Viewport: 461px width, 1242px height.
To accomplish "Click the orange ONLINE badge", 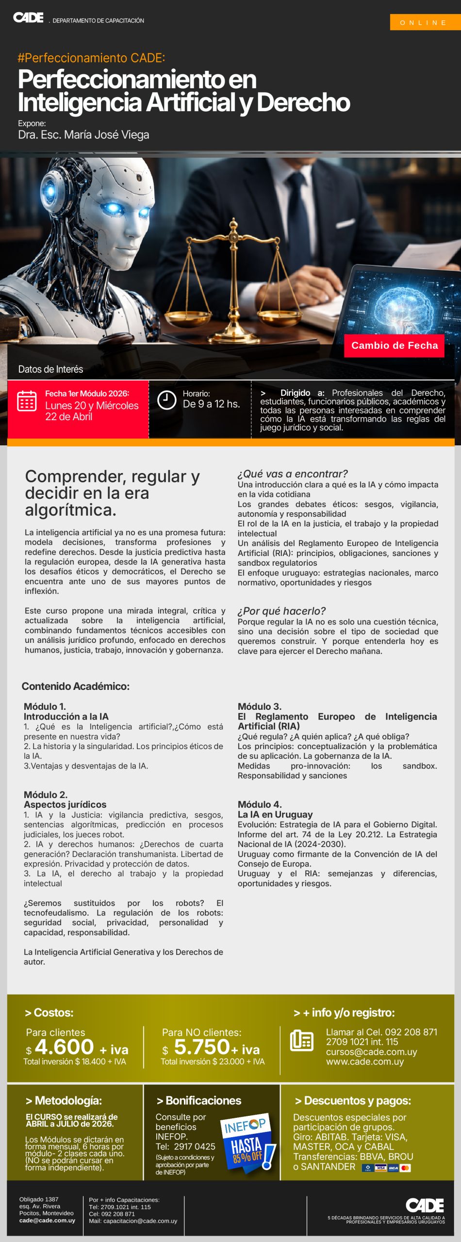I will click(425, 22).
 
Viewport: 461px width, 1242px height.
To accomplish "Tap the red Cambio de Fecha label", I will click(394, 345).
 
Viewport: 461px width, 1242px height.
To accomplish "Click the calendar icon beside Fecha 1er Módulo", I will click(27, 401).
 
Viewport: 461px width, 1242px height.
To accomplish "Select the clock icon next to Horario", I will click(166, 400).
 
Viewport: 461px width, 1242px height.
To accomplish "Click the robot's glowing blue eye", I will click(114, 209).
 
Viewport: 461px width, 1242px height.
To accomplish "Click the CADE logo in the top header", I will click(28, 18).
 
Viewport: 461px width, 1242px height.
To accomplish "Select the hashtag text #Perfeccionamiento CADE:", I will click(91, 58).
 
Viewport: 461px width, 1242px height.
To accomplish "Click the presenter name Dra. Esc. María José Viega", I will click(83, 135).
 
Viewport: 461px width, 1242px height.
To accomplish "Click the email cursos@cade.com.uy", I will click(371, 1052).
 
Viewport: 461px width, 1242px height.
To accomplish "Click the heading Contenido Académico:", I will click(76, 686).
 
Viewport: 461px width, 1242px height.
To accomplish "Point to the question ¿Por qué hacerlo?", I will click(281, 611).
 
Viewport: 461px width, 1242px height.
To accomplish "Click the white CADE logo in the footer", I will click(425, 1205).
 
